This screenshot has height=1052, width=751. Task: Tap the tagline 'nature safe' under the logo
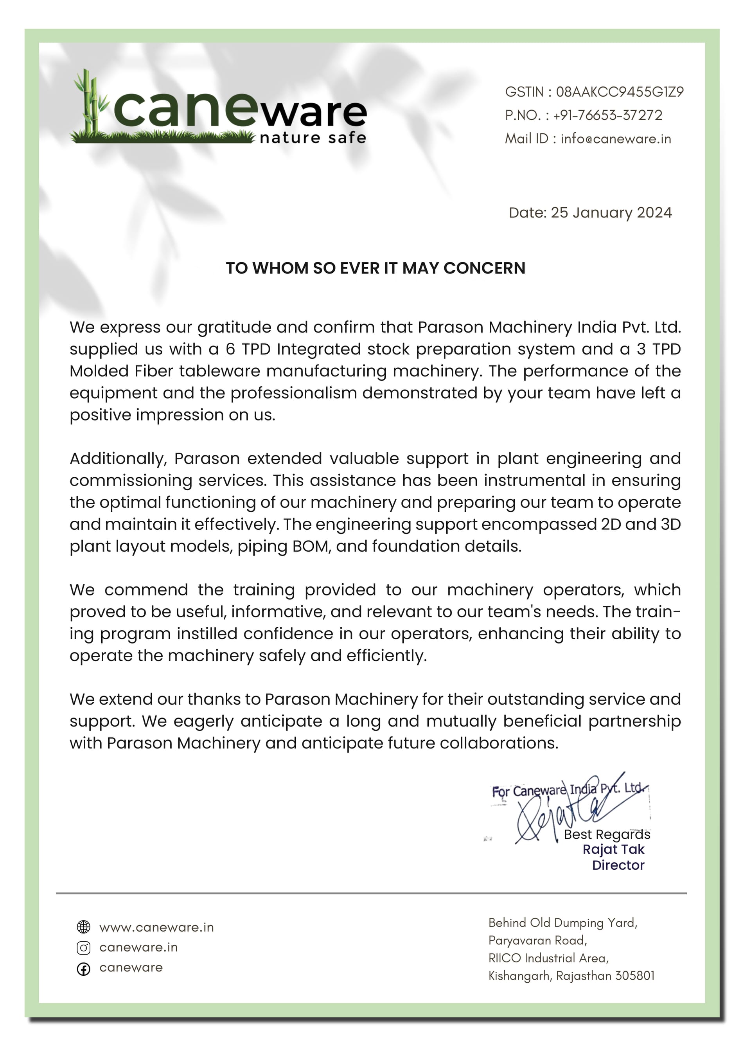313,138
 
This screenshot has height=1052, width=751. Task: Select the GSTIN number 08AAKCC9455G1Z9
619,92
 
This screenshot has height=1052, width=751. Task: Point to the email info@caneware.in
616,139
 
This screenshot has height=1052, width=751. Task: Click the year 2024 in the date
654,213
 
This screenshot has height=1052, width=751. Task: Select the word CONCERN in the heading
484,268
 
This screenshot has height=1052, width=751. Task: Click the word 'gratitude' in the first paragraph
234,328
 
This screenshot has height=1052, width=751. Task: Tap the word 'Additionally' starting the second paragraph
117,459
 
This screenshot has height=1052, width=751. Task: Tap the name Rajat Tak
613,849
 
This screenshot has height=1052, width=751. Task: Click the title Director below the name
618,865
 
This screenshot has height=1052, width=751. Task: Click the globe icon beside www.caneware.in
83,927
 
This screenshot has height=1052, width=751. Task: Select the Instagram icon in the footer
83,948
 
